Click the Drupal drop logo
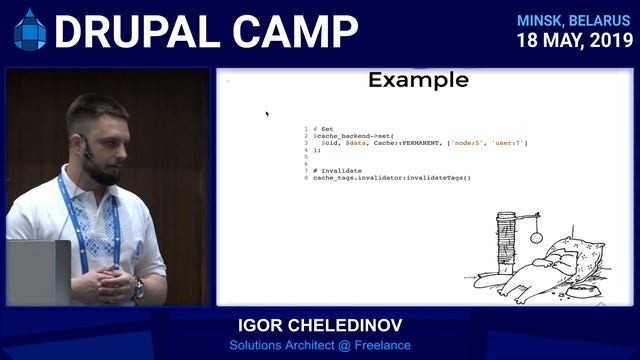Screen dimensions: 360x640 (x=29, y=31)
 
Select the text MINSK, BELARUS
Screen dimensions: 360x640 (x=574, y=20)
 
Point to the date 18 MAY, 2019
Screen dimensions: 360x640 (x=574, y=41)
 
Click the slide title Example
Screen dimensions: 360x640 (x=417, y=80)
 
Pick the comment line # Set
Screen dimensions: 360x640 (x=321, y=128)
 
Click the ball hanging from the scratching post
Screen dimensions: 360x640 (x=534, y=237)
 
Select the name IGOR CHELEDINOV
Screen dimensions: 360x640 (x=319, y=327)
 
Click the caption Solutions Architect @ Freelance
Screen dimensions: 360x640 (x=319, y=346)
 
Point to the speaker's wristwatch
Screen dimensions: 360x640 (x=138, y=289)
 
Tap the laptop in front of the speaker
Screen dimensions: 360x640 (x=38, y=272)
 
